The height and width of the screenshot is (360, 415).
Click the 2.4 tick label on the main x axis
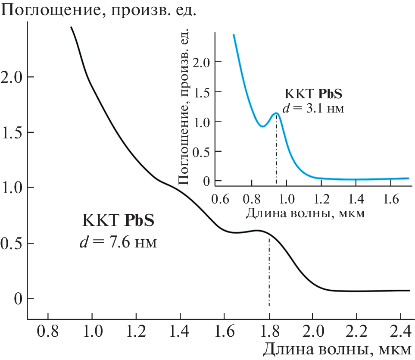tap(402, 332)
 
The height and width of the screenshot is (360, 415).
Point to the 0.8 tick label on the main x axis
tap(47, 332)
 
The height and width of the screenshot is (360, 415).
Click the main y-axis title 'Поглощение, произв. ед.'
tap(99, 9)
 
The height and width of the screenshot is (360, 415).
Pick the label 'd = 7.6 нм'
tap(118, 243)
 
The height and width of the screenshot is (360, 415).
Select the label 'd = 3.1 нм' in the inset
tap(313, 107)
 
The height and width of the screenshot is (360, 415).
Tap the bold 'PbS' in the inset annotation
tap(330, 94)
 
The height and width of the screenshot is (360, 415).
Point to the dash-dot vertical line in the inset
tap(276, 155)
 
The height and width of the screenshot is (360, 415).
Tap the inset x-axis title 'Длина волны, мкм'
tap(306, 213)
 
